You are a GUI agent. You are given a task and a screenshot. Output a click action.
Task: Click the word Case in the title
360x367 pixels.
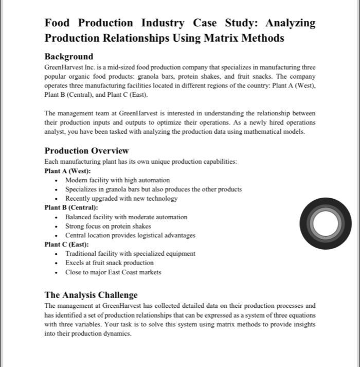pos(206,23)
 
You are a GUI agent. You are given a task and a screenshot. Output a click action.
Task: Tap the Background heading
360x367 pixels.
pos(69,56)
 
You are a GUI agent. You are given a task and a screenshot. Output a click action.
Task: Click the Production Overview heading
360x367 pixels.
pos(86,150)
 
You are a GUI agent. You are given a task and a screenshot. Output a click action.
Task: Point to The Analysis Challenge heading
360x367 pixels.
pos(91,295)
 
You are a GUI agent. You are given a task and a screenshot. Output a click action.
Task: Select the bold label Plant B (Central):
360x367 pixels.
pos(71,207)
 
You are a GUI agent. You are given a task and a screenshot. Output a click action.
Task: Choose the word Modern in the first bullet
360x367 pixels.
pos(77,180)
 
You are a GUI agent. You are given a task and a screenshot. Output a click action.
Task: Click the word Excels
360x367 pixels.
pos(75,263)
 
